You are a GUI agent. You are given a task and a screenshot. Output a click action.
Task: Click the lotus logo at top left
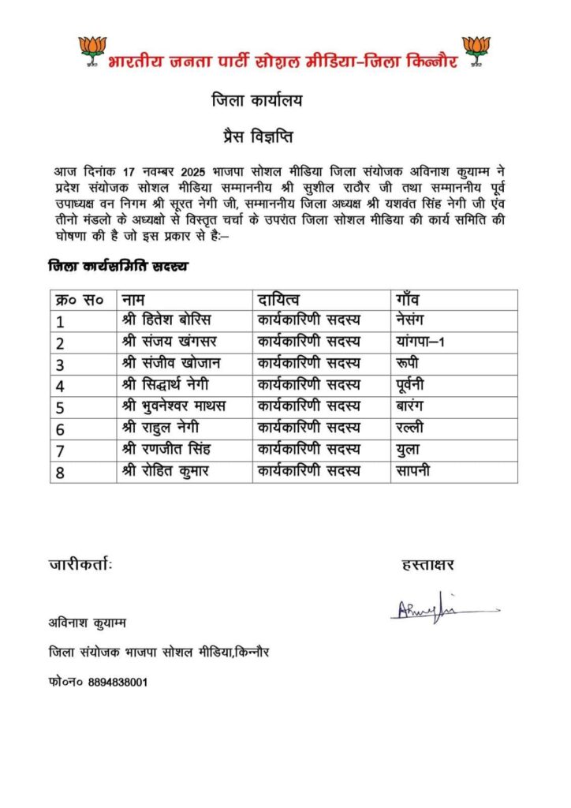(x=92, y=50)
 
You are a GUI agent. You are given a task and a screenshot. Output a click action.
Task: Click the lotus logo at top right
(x=476, y=50)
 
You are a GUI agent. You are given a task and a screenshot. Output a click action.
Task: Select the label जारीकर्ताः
(x=80, y=564)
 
